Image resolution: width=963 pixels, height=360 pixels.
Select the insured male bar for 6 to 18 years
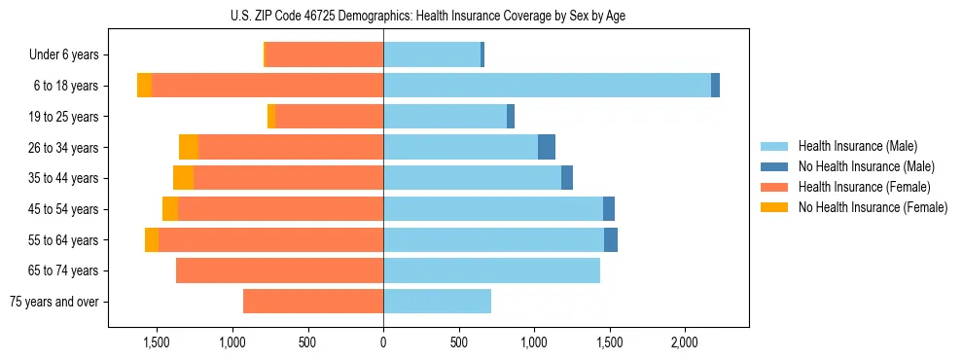[547, 86]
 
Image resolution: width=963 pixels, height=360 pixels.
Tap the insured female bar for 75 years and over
[313, 302]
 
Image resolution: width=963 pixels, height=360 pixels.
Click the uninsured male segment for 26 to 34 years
[547, 147]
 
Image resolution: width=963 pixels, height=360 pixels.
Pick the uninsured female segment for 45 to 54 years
[170, 209]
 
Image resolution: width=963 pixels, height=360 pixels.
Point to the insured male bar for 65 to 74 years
[491, 270]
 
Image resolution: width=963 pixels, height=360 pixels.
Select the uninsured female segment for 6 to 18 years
[144, 86]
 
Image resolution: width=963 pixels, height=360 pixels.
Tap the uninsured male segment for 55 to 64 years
[611, 240]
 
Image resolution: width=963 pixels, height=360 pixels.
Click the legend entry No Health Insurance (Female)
[872, 207]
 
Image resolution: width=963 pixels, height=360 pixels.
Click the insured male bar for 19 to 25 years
[446, 117]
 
